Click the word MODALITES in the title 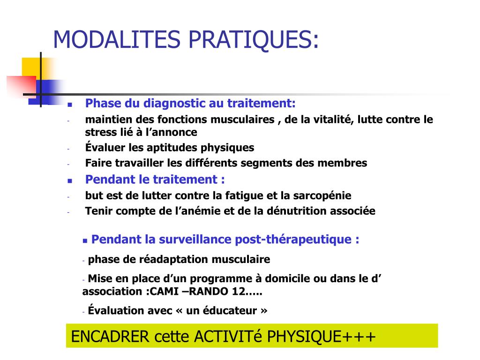click(117, 39)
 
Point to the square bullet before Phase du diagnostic click(70, 105)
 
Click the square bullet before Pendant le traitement click(70, 180)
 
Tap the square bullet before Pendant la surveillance click(85, 241)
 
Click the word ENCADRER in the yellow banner click(110, 337)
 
